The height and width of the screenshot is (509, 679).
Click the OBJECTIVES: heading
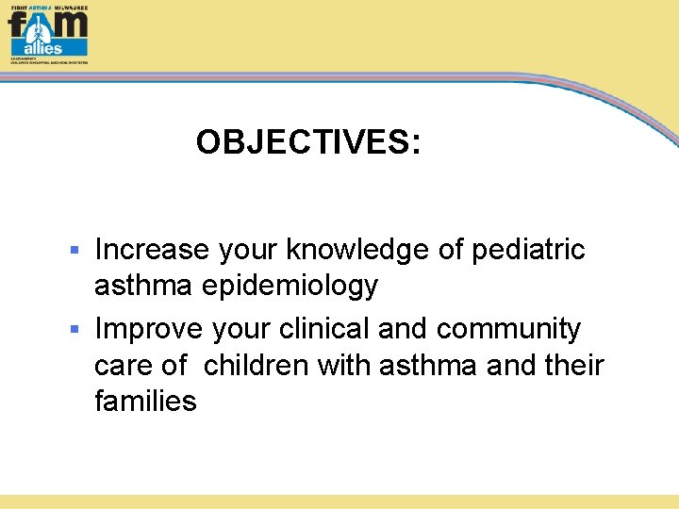308,142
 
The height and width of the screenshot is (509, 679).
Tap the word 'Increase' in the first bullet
152,250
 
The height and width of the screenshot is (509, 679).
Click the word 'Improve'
149,329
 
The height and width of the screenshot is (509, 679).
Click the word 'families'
145,402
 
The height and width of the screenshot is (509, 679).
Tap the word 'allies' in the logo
42,48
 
